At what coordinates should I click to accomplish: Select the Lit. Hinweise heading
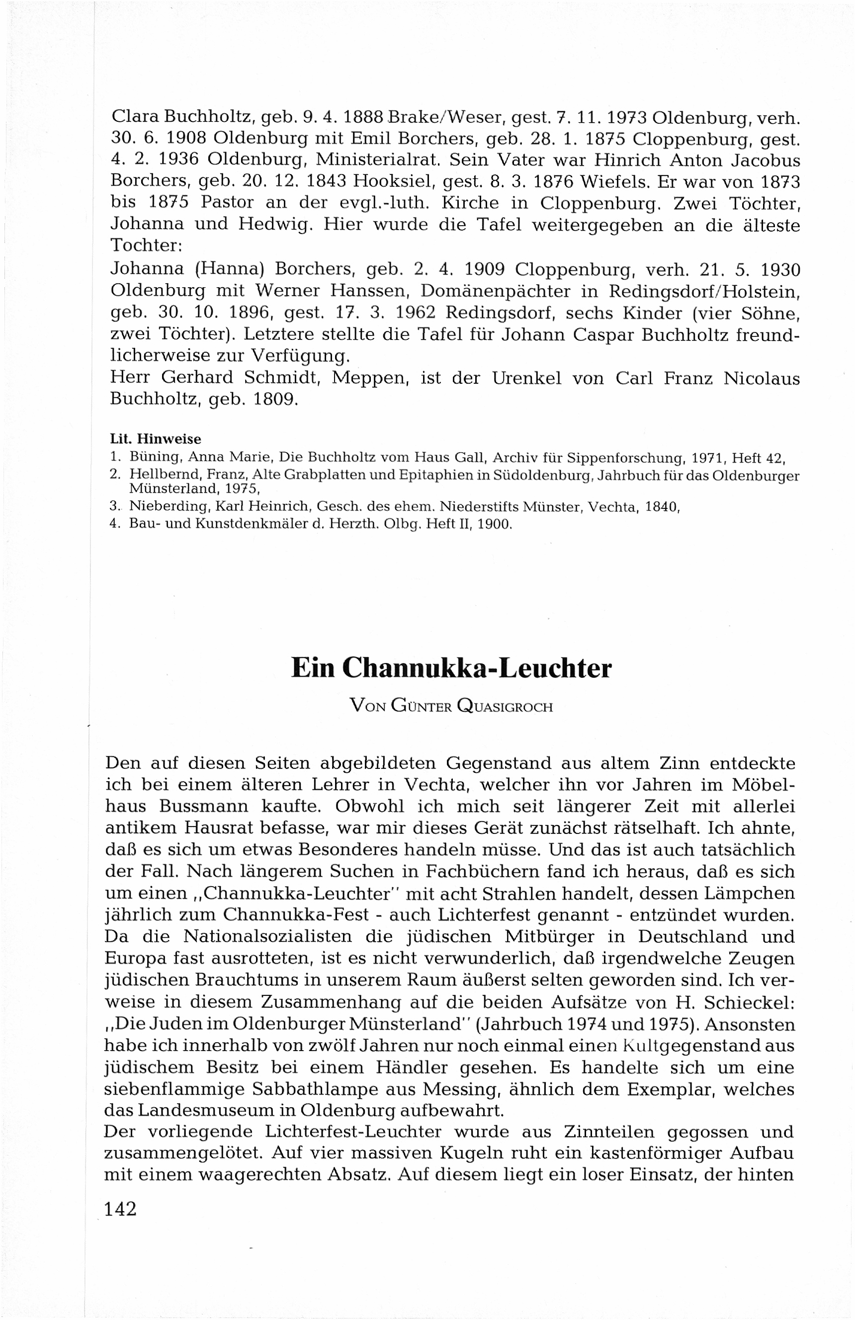click(x=156, y=439)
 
